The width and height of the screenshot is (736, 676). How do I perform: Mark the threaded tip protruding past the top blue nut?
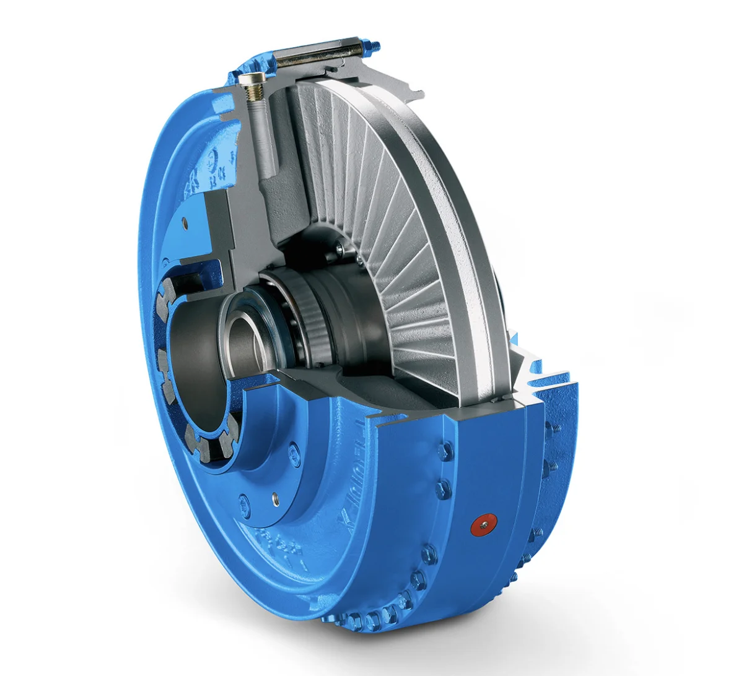pos(377,43)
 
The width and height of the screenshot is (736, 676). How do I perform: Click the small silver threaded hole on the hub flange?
pos(273,496)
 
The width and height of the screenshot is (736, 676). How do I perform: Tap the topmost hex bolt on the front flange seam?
pos(441,453)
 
